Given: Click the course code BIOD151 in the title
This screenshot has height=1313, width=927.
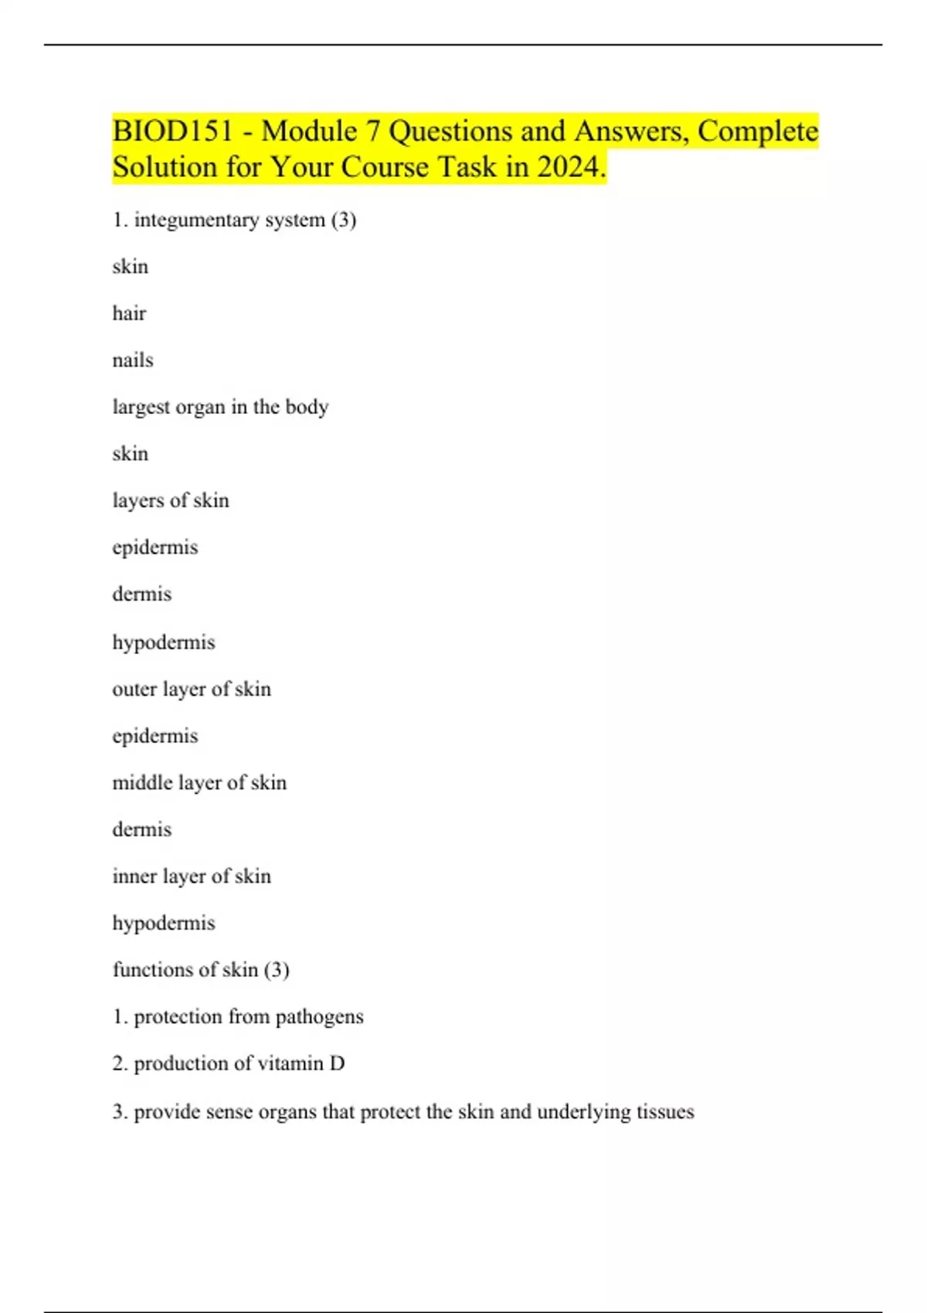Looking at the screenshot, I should [x=172, y=131].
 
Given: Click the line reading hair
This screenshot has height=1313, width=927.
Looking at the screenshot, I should [x=129, y=314].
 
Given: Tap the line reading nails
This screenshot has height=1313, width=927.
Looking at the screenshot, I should [x=133, y=360].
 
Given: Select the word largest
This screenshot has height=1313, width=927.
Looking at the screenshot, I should [x=141, y=407].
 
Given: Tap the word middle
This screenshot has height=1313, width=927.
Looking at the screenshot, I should [x=142, y=782].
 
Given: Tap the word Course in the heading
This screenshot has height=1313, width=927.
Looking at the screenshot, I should [x=385, y=167].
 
